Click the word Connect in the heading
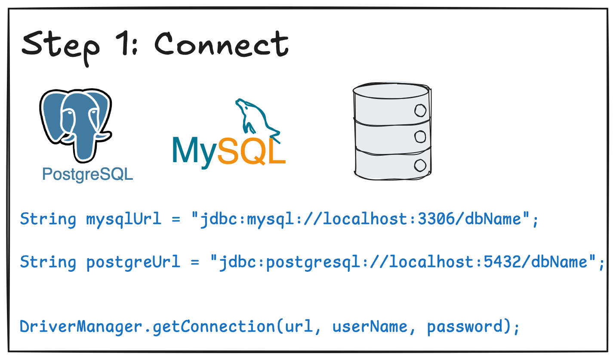(x=221, y=44)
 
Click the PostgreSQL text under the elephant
(x=88, y=175)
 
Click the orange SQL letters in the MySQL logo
(x=252, y=151)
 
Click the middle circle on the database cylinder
(x=419, y=137)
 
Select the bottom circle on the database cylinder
(x=419, y=165)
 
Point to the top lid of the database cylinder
(x=391, y=90)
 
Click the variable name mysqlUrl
(x=124, y=219)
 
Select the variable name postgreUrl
(x=133, y=262)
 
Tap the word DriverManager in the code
(x=81, y=326)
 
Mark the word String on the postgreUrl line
(x=48, y=262)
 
